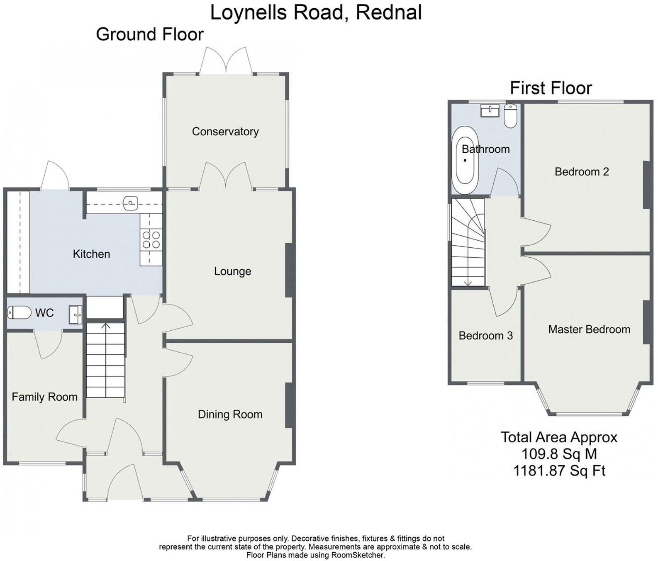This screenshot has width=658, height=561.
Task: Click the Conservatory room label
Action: click(225, 132)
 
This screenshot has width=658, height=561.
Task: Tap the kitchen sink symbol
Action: click(130, 203)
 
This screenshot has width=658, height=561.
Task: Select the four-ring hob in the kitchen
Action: click(151, 240)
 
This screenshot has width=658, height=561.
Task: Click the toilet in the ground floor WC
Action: click(19, 312)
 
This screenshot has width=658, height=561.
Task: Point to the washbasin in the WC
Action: click(76, 314)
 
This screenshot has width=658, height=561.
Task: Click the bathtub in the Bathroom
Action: click(465, 161)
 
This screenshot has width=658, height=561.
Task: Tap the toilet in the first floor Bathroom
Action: click(510, 115)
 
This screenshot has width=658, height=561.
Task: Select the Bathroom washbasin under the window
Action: click(490, 110)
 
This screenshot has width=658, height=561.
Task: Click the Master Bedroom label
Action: click(589, 329)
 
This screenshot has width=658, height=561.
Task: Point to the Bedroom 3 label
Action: click(485, 335)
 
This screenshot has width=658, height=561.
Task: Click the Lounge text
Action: click(232, 271)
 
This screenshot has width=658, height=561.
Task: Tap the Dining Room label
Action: click(230, 414)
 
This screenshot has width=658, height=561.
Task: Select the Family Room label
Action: click(44, 397)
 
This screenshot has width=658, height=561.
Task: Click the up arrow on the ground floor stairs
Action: click(106, 327)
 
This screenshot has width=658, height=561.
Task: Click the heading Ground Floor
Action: click(150, 34)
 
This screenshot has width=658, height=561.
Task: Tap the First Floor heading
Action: click(551, 88)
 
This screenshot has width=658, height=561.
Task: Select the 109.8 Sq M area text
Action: click(559, 454)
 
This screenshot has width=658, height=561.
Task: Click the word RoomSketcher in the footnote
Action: click(357, 555)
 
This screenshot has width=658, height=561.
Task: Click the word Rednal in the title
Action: click(389, 12)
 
